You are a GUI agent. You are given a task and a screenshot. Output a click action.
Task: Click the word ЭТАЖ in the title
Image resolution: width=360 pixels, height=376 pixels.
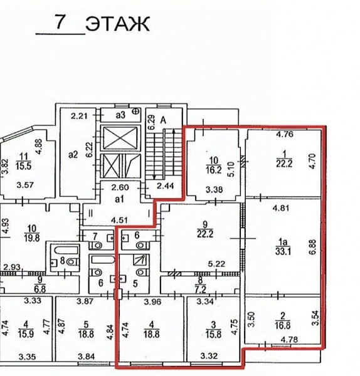118,24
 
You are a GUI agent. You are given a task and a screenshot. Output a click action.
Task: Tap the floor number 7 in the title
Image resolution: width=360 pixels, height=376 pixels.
60,21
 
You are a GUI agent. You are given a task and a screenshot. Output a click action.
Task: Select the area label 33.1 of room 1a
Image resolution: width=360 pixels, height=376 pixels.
283,251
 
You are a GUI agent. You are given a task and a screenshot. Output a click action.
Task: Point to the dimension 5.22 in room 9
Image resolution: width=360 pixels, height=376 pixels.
216,264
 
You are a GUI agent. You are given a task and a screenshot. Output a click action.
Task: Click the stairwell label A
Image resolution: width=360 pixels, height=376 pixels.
163,120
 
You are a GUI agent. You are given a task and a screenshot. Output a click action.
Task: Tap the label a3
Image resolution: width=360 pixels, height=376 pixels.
120,115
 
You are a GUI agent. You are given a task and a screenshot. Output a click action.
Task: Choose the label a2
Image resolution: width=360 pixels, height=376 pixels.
73,155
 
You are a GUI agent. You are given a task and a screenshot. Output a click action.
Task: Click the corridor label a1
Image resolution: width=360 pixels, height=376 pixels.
119,199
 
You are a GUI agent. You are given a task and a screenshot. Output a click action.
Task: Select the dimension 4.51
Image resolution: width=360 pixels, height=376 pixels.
119,220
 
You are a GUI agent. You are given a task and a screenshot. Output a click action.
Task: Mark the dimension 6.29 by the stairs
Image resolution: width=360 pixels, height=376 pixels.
151,123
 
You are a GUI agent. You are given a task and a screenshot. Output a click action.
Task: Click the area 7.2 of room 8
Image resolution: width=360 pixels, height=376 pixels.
201,290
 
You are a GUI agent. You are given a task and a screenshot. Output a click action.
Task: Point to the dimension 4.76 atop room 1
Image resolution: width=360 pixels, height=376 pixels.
284,134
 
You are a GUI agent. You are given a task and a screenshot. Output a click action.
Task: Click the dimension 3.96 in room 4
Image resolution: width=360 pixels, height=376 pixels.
152,301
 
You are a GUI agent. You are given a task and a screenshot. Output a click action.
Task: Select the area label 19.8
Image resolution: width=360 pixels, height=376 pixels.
32,238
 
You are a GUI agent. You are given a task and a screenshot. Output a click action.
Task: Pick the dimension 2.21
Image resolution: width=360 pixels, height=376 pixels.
79,117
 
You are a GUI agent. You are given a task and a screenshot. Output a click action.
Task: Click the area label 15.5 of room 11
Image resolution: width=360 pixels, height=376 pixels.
24,165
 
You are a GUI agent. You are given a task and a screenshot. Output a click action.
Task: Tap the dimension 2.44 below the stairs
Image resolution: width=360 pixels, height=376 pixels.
166,185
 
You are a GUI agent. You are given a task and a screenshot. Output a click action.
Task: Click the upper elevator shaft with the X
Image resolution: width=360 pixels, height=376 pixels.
120,138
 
